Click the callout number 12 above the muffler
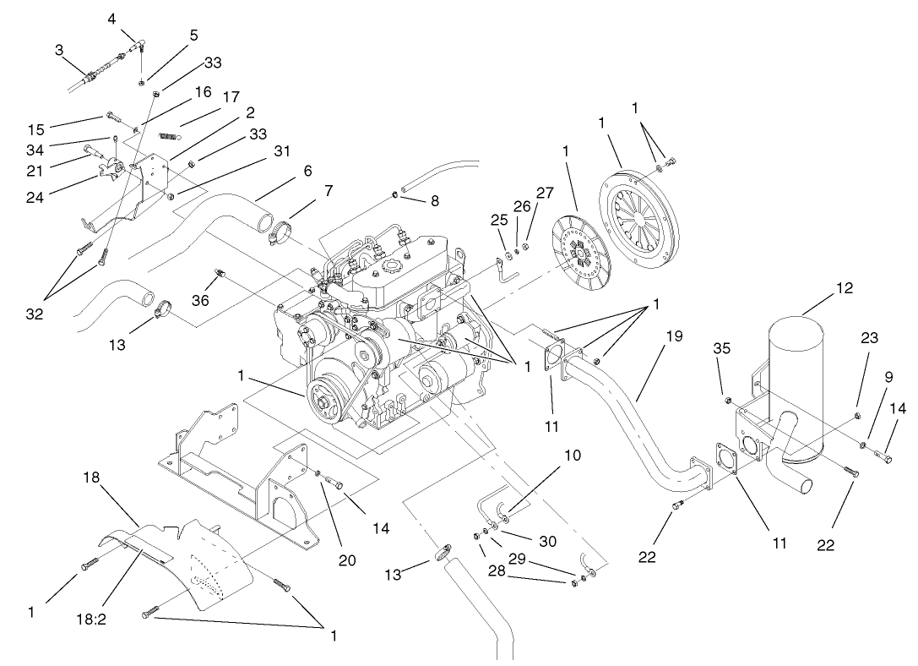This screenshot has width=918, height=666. tap(844, 288)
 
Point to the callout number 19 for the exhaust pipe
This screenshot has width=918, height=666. tap(673, 336)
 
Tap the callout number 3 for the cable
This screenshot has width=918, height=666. tap(60, 51)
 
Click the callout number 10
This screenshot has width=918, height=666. tap(573, 455)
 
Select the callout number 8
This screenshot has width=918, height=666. tap(435, 202)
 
